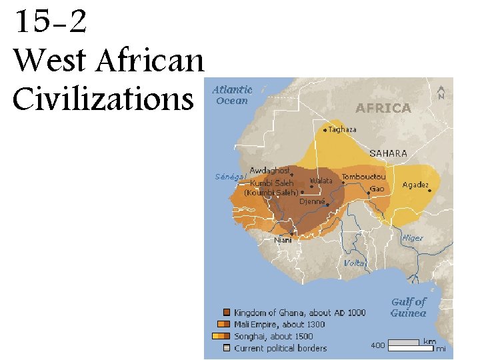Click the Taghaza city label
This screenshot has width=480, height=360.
[343, 130]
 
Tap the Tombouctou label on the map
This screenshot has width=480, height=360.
[363, 177]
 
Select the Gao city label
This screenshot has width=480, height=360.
[377, 189]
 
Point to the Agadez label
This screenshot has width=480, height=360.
[416, 185]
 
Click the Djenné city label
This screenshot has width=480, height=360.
[312, 201]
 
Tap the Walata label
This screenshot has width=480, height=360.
[321, 181]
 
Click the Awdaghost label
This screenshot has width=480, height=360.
[269, 170]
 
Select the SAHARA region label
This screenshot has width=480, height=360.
[388, 153]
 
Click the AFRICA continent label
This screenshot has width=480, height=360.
[383, 107]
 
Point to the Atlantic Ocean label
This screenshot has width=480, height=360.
[232, 95]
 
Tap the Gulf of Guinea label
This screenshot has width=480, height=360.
[408, 307]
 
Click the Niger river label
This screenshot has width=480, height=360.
[412, 238]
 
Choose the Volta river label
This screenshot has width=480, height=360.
[354, 263]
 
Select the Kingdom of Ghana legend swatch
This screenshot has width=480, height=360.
[227, 313]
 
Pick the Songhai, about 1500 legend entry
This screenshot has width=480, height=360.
[273, 337]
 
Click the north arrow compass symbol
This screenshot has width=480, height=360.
[441, 91]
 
